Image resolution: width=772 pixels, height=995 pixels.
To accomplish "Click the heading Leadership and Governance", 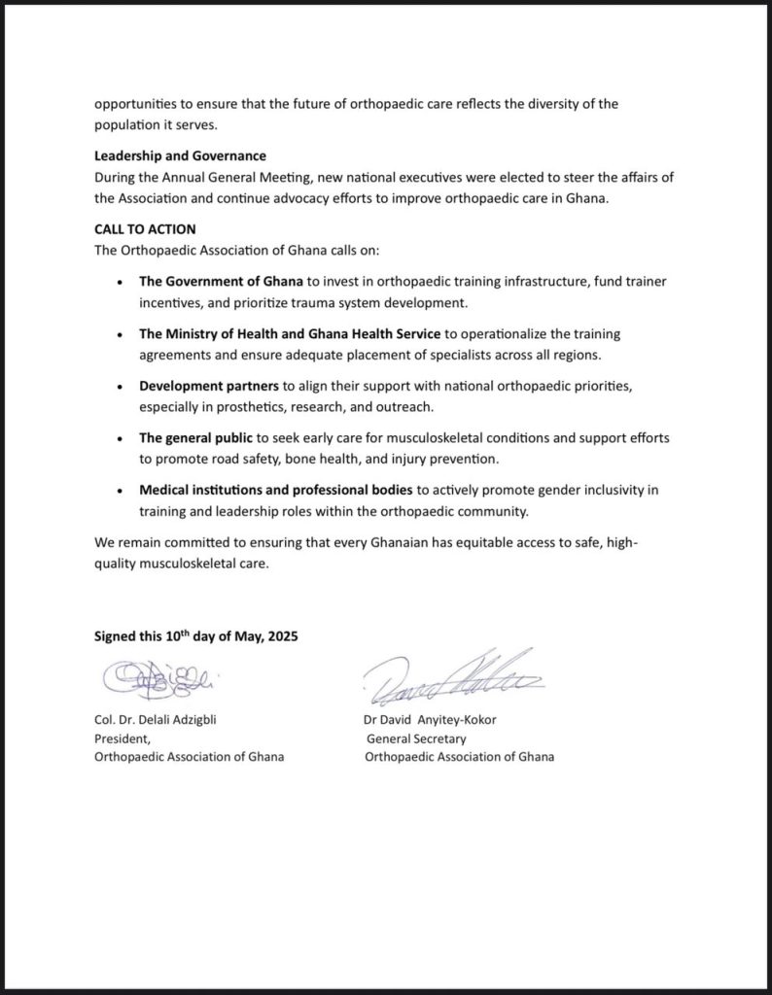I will pyautogui.click(x=180, y=155).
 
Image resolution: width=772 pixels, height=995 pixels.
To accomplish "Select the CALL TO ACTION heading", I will pyautogui.click(x=145, y=229).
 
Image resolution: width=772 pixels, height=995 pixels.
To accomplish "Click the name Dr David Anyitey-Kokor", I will pyautogui.click(x=430, y=721).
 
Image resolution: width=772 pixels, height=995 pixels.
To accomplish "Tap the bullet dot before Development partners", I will pyautogui.click(x=119, y=388).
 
